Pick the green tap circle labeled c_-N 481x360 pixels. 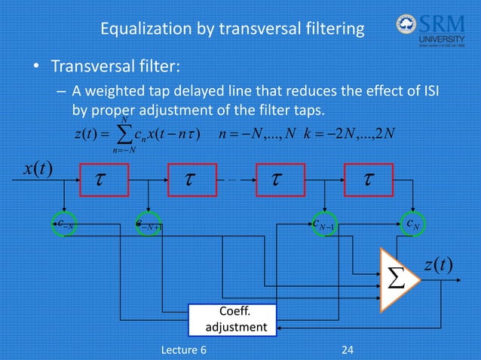(64, 224)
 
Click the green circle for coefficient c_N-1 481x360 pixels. (323, 224)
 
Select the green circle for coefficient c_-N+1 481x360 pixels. (149, 224)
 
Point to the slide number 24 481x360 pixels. (348, 349)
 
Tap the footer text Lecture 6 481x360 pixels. (188, 349)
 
